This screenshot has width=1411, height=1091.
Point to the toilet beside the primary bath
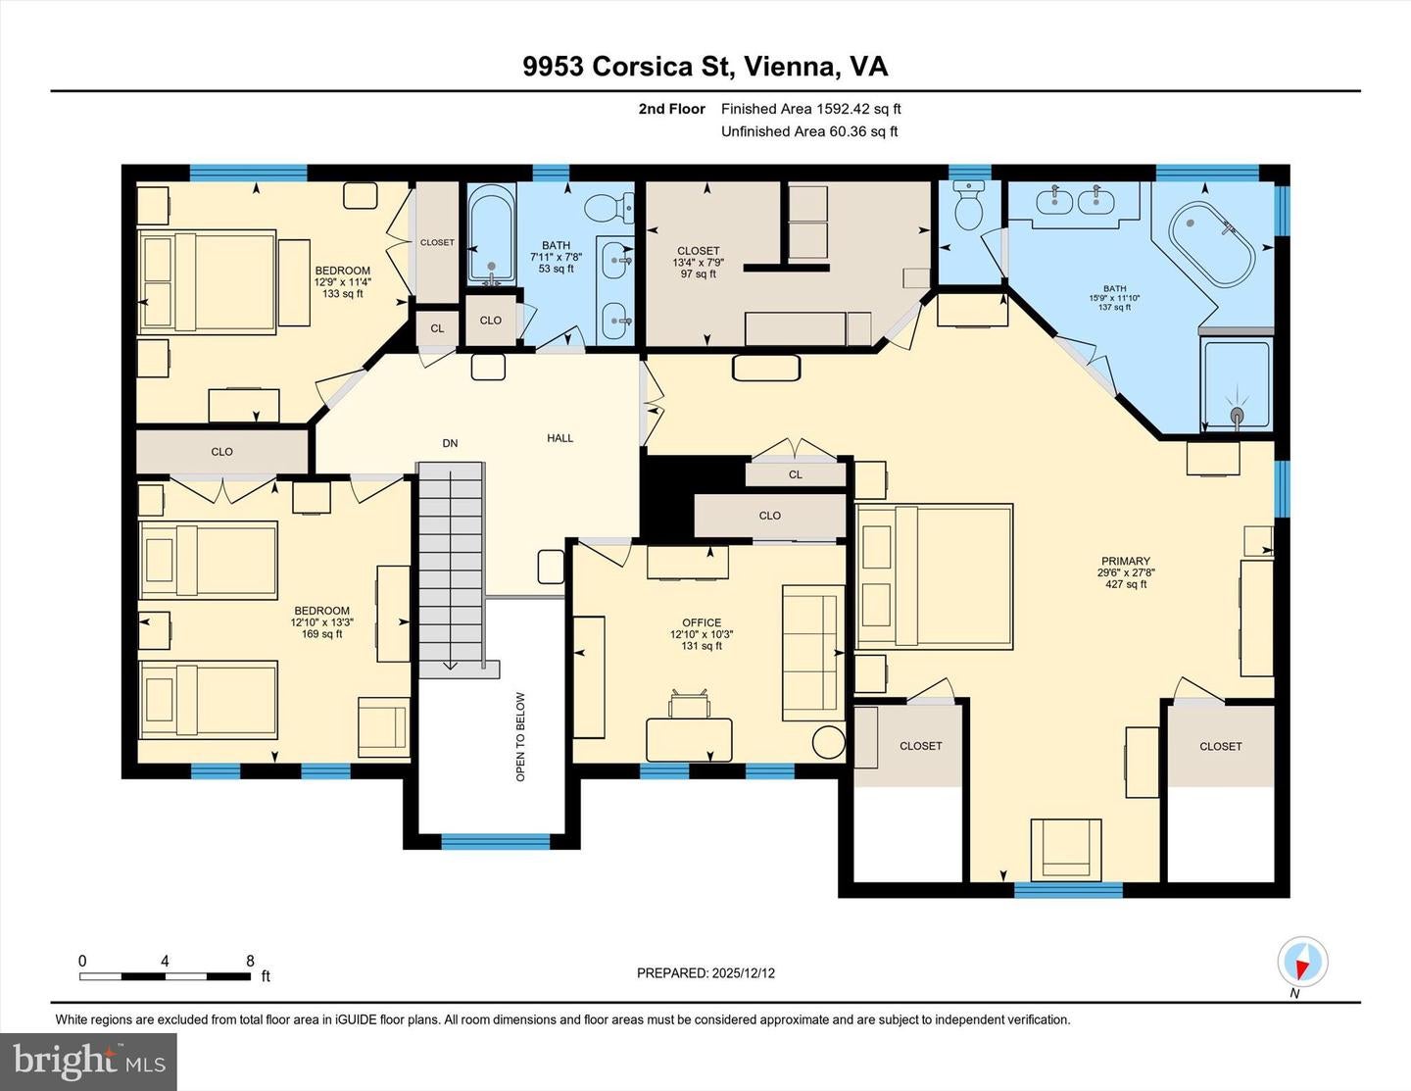968,207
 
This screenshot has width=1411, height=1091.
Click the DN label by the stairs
450,444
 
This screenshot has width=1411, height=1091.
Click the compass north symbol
1302,963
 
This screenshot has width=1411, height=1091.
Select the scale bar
165,975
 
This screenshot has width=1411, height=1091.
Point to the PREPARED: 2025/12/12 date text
705,973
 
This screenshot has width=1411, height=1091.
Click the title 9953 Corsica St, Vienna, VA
705,67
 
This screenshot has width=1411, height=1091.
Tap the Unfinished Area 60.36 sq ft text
809,131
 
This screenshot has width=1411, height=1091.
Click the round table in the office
829,742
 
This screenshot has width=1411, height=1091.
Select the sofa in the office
812,653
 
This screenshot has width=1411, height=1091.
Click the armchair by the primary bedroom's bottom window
1066,848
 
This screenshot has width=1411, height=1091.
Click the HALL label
560,438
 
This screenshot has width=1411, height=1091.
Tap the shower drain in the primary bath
1237,417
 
